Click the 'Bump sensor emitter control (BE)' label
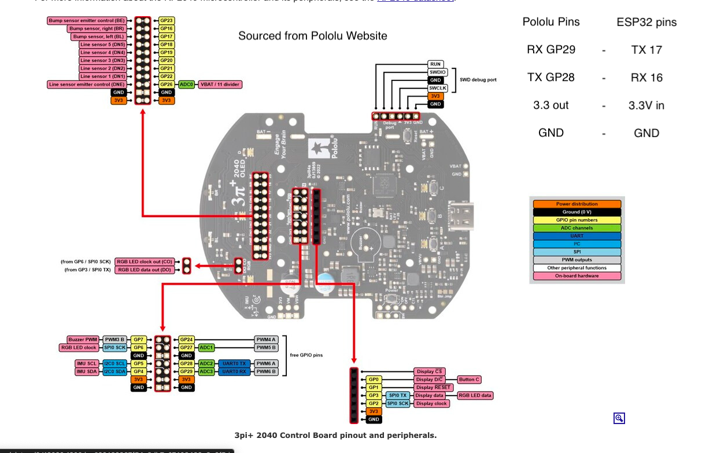(87, 21)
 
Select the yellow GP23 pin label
(167, 21)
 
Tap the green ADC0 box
(186, 84)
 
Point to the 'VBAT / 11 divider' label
(220, 84)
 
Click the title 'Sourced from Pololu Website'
(312, 36)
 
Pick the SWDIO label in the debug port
(437, 72)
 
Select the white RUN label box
(435, 64)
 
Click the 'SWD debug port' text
(478, 80)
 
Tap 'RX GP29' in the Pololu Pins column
(550, 50)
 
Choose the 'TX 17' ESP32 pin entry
(646, 50)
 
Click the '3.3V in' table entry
(646, 105)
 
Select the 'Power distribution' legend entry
(577, 204)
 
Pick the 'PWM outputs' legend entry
(577, 260)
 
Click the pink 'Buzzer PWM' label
(83, 340)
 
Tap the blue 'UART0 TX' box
(234, 364)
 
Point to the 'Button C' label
(469, 380)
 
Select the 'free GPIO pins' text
(306, 355)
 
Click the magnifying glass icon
(619, 418)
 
